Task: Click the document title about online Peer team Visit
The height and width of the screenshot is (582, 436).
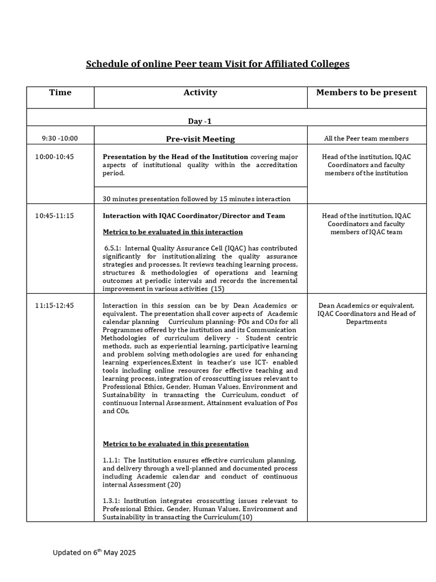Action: (217, 64)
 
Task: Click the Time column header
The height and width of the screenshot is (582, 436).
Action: (60, 92)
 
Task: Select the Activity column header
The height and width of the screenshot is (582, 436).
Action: (200, 92)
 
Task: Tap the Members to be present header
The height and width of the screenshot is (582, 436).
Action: (366, 92)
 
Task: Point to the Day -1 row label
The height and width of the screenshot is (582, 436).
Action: (200, 121)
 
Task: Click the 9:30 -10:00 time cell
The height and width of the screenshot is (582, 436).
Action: (60, 138)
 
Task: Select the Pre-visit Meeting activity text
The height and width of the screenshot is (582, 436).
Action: (200, 139)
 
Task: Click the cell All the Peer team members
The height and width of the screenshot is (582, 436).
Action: (366, 138)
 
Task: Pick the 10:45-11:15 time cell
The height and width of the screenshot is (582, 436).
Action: (54, 216)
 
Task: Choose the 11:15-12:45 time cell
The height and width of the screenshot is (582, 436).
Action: (54, 306)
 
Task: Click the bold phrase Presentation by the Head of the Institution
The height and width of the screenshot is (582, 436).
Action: (175, 157)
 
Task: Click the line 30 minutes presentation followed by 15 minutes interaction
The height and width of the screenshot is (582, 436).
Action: (196, 199)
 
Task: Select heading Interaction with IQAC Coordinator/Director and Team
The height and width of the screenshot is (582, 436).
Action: (194, 216)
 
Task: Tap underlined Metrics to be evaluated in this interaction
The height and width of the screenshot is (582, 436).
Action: (173, 232)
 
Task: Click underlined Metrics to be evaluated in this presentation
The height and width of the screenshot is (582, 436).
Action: (175, 444)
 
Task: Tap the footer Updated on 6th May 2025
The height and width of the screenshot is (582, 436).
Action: (95, 552)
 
